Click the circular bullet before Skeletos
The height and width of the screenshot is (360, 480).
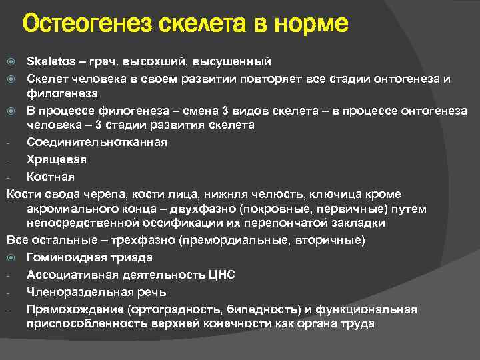[x=11, y=62]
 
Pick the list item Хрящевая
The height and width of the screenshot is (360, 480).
[x=57, y=159]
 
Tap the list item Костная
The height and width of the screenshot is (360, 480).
[x=51, y=177]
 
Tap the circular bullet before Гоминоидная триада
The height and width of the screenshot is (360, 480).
[x=11, y=257]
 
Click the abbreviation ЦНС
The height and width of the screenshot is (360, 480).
[x=221, y=275]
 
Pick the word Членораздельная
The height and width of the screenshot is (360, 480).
[x=77, y=292]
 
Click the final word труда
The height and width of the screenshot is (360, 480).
[x=359, y=323]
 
